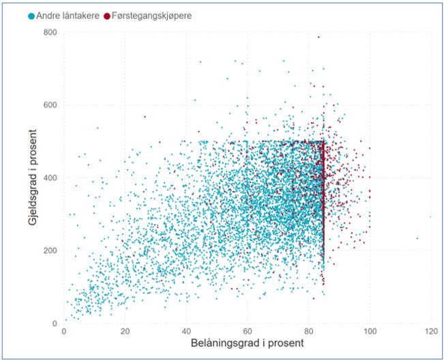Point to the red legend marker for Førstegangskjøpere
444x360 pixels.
pyautogui.click(x=108, y=15)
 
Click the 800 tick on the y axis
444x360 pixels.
pyautogui.click(x=50, y=33)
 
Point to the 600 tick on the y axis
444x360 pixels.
pyautogui.click(x=50, y=105)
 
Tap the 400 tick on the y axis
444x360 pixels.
pyautogui.click(x=50, y=178)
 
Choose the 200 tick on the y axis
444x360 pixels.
pyautogui.click(x=50, y=251)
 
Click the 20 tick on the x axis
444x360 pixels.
pyautogui.click(x=125, y=332)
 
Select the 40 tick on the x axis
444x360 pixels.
pyautogui.click(x=186, y=332)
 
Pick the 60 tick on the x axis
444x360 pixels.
pyautogui.click(x=248, y=332)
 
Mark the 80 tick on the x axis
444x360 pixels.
pyautogui.click(x=308, y=332)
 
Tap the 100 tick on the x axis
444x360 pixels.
pyautogui.click(x=370, y=332)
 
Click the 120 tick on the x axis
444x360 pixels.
pyautogui.click(x=430, y=332)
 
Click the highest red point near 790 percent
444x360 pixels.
pyautogui.click(x=319, y=37)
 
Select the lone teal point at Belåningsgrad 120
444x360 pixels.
pyautogui.click(x=430, y=217)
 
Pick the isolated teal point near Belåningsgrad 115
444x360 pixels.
pyautogui.click(x=417, y=238)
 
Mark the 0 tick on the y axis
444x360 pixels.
pyautogui.click(x=55, y=323)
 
